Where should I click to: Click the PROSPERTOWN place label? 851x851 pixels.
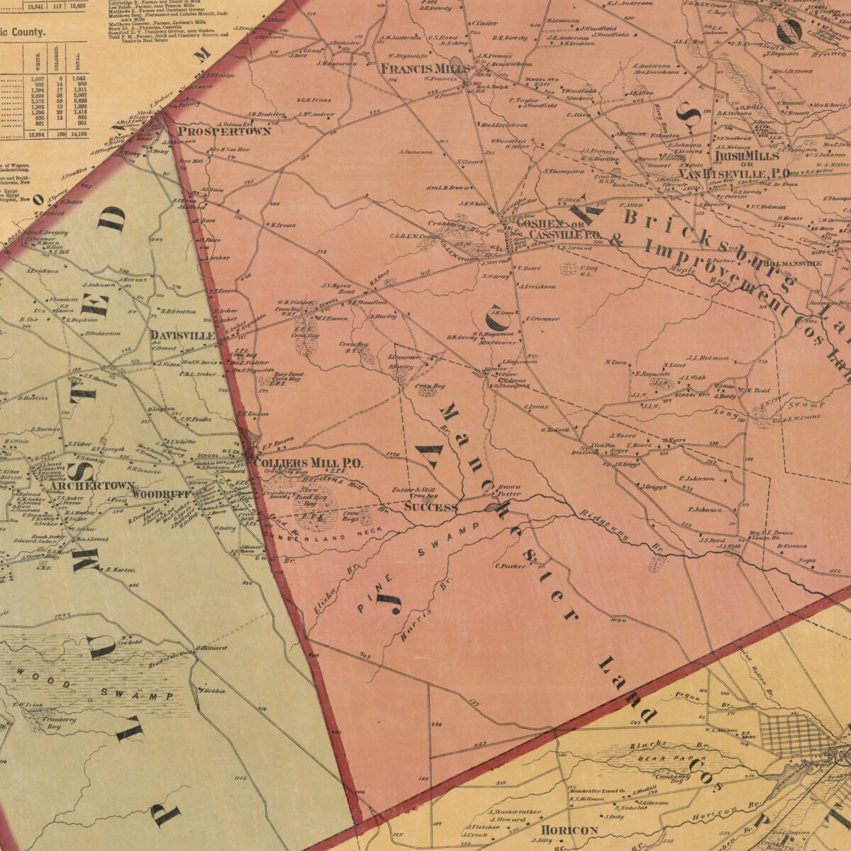(x=214, y=131)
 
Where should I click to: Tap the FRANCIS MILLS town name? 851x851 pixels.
(x=425, y=69)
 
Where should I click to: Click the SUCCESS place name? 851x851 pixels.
(x=430, y=507)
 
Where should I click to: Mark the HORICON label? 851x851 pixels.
(x=569, y=830)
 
